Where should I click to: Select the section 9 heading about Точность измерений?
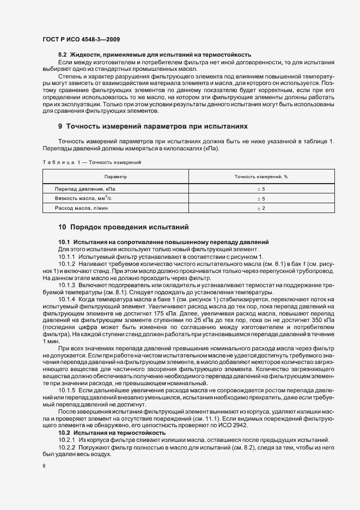pyautogui.click(x=152, y=126)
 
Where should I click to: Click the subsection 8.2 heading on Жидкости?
pyautogui.click(x=154, y=54)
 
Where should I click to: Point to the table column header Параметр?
pyautogui.click(x=115, y=177)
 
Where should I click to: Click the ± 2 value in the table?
pyautogui.click(x=260, y=209)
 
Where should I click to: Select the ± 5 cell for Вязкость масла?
pyautogui.click(x=260, y=199)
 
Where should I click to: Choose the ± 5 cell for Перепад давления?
pyautogui.click(x=260, y=189)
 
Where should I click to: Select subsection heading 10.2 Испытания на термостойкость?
pyautogui.click(x=103, y=432)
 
